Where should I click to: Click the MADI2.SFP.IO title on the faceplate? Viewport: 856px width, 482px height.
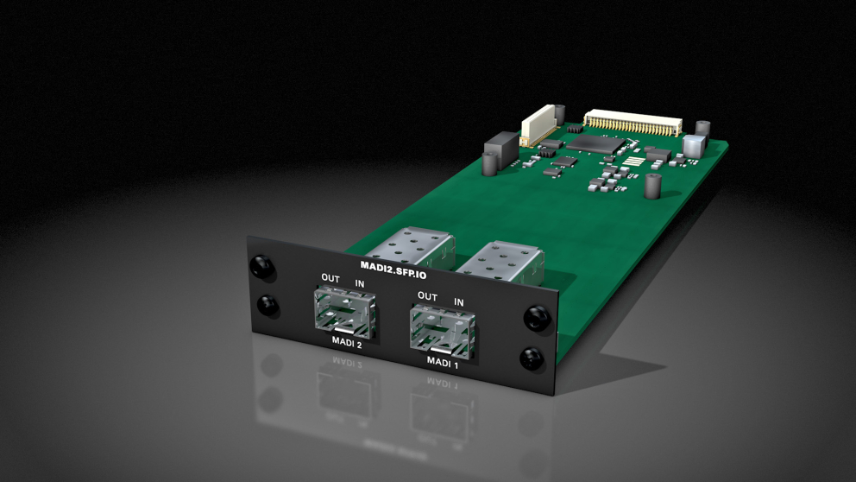393,270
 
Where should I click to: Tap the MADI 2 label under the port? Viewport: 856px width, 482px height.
347,342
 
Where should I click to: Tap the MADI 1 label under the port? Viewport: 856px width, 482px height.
442,361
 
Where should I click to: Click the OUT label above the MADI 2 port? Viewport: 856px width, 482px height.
330,277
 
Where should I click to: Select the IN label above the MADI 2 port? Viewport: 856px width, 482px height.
359,283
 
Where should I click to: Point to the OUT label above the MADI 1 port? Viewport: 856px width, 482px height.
427,296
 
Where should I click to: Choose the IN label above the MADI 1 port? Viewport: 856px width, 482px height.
458,302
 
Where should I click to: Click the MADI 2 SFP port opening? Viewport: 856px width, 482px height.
345,313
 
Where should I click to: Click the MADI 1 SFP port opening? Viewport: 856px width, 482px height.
442,331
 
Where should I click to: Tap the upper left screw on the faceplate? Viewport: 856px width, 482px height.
261,267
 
